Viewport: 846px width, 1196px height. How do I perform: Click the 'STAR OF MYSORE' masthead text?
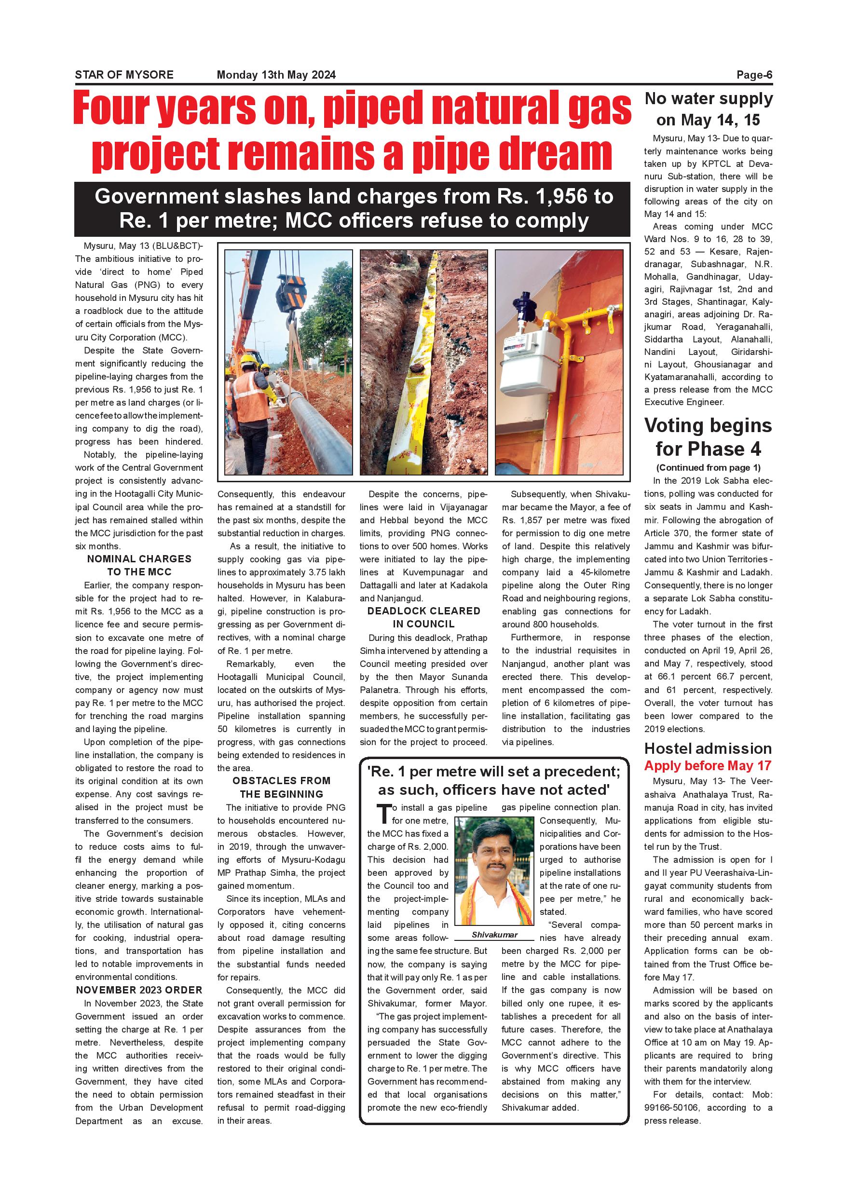pos(124,74)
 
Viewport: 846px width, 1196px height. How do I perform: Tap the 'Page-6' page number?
pos(754,74)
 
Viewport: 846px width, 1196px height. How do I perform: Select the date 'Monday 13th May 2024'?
pos(276,74)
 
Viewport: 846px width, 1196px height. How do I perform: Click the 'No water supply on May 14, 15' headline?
pos(709,109)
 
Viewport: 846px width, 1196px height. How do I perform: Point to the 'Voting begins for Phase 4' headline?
pos(709,436)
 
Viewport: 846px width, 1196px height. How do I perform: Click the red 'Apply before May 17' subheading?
pos(708,766)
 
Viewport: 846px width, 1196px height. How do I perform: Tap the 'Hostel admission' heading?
pos(708,748)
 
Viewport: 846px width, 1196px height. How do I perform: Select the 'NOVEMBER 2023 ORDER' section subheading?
pos(139,990)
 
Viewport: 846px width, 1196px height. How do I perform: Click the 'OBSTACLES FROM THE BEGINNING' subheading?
pos(281,787)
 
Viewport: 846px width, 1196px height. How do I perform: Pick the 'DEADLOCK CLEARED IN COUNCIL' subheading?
pos(423,617)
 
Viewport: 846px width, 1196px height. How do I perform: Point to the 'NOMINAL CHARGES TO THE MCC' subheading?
pos(139,565)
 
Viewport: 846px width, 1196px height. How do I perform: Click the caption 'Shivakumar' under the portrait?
pos(494,935)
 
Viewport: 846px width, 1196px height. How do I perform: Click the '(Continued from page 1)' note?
pos(709,467)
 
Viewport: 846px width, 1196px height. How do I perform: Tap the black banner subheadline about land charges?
pos(352,208)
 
